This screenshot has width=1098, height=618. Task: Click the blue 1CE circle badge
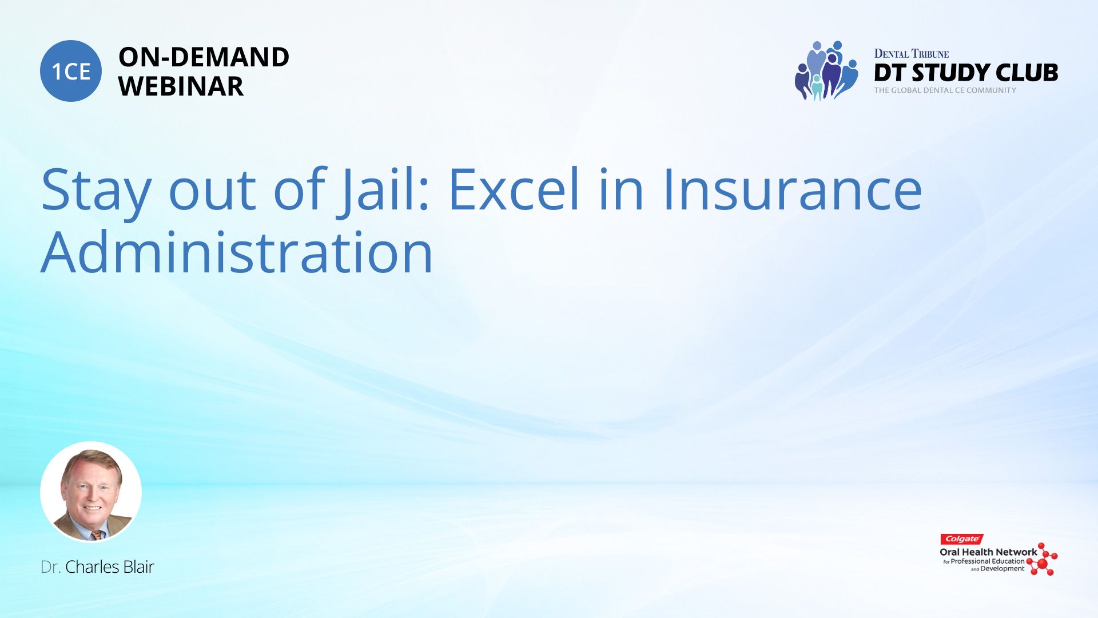[71, 71]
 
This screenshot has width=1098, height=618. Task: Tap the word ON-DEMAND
[204, 57]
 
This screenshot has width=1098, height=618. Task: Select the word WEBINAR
[181, 86]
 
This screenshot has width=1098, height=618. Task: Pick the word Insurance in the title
[792, 189]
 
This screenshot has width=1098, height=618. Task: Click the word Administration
[237, 252]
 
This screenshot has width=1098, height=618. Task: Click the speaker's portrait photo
[91, 492]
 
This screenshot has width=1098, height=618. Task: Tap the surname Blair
[138, 566]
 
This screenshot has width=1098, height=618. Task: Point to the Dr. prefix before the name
[50, 566]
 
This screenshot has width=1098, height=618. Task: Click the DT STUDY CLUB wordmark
[966, 73]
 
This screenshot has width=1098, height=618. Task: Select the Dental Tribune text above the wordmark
[912, 54]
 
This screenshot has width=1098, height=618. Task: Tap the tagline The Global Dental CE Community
[945, 90]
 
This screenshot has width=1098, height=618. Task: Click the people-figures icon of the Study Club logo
[826, 70]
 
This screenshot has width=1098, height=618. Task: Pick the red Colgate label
[962, 539]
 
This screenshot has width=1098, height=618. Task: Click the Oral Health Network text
[988, 552]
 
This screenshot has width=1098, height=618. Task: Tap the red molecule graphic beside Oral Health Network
[1042, 560]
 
